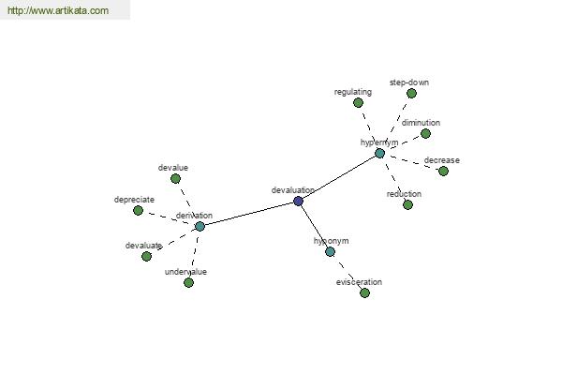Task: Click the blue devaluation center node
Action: tap(298, 201)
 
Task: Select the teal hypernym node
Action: tap(379, 153)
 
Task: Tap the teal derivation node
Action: tap(200, 227)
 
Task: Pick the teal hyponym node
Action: tap(330, 251)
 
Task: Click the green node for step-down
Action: tap(411, 94)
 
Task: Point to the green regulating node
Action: tap(358, 102)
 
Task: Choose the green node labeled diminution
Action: tap(425, 133)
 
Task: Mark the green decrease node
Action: tap(443, 172)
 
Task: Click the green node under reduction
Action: tap(407, 205)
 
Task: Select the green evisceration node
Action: tap(364, 292)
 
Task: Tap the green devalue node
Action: tap(175, 178)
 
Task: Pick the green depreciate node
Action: tap(138, 210)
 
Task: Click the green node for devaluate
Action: tap(146, 256)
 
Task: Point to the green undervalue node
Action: tap(188, 283)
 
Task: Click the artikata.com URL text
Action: tap(58, 10)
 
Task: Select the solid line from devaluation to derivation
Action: tap(249, 214)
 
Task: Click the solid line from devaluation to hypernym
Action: tap(339, 177)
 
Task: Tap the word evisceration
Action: tap(359, 282)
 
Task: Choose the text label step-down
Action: tap(409, 82)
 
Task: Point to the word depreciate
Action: tap(134, 200)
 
